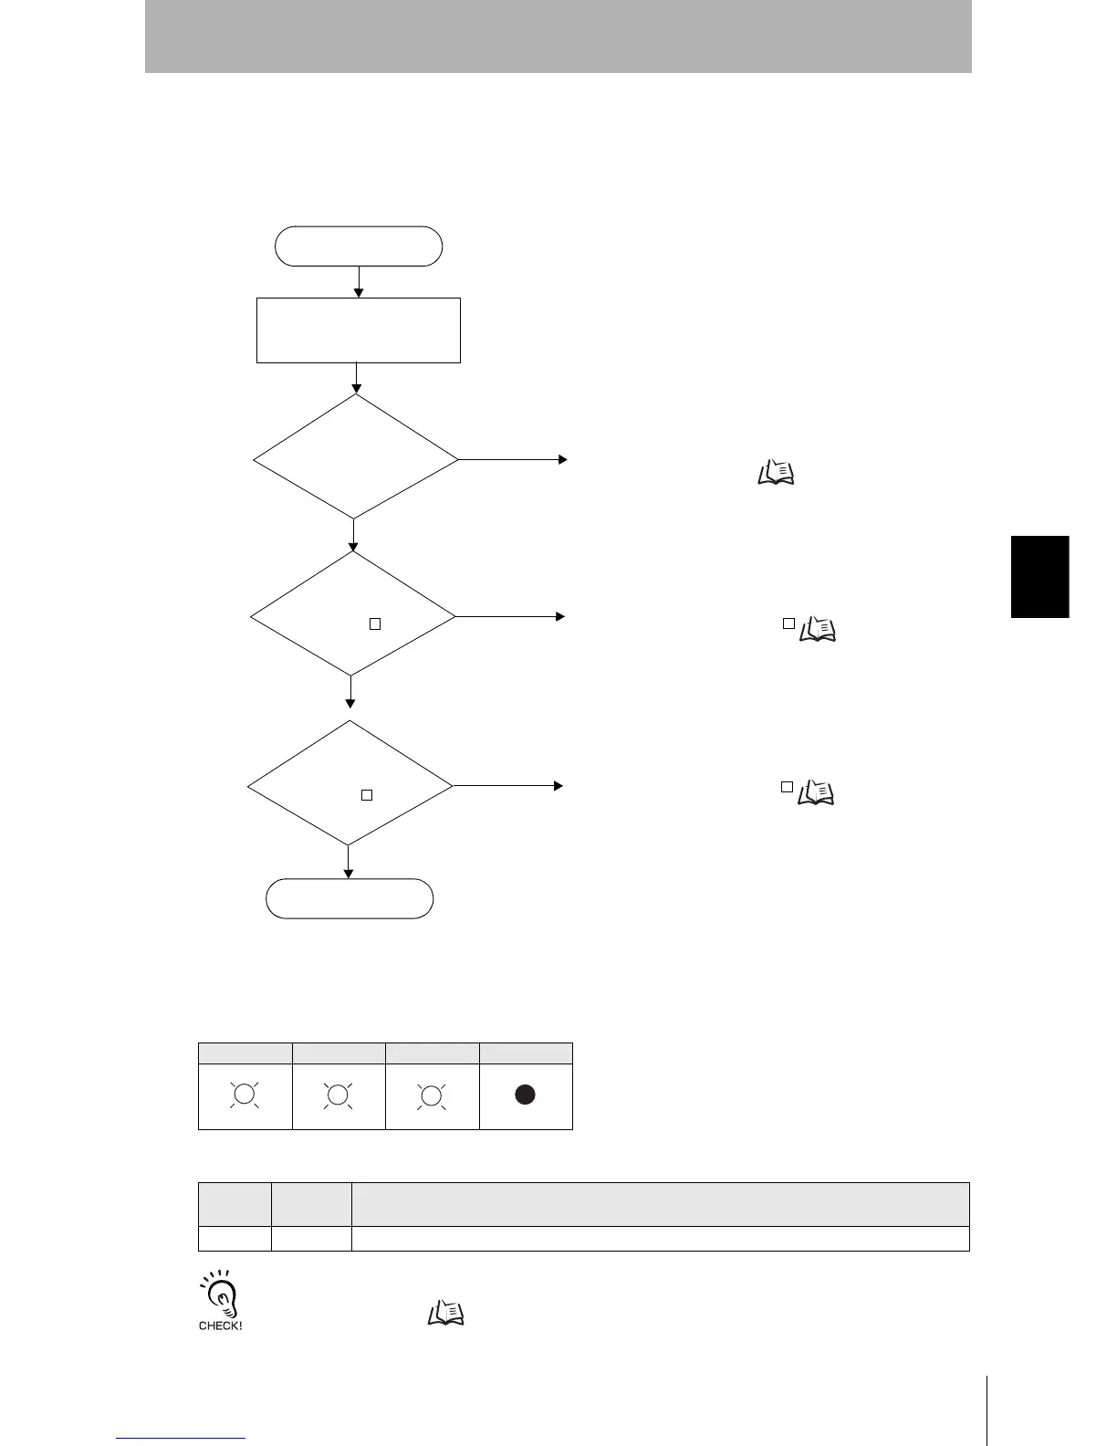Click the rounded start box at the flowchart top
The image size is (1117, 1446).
click(359, 246)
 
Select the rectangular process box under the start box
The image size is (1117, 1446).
click(359, 330)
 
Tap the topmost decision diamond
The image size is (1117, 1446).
click(355, 456)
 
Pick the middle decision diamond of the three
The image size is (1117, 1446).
click(352, 613)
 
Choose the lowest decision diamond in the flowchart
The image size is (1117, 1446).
click(350, 783)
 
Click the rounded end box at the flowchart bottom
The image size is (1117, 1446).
click(350, 898)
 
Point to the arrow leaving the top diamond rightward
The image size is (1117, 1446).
click(513, 460)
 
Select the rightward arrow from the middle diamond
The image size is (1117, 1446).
click(510, 616)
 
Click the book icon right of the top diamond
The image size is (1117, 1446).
click(776, 472)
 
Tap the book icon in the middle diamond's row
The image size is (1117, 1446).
click(817, 629)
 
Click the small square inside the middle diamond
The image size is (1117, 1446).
click(374, 624)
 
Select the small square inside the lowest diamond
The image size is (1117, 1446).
click(367, 795)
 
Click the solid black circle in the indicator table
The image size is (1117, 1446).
click(525, 1095)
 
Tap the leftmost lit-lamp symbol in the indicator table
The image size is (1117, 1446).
click(245, 1095)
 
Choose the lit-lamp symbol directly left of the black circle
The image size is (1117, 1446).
click(431, 1095)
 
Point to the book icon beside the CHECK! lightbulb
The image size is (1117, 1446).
click(446, 1314)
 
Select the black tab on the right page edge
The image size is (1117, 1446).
click(1039, 577)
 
